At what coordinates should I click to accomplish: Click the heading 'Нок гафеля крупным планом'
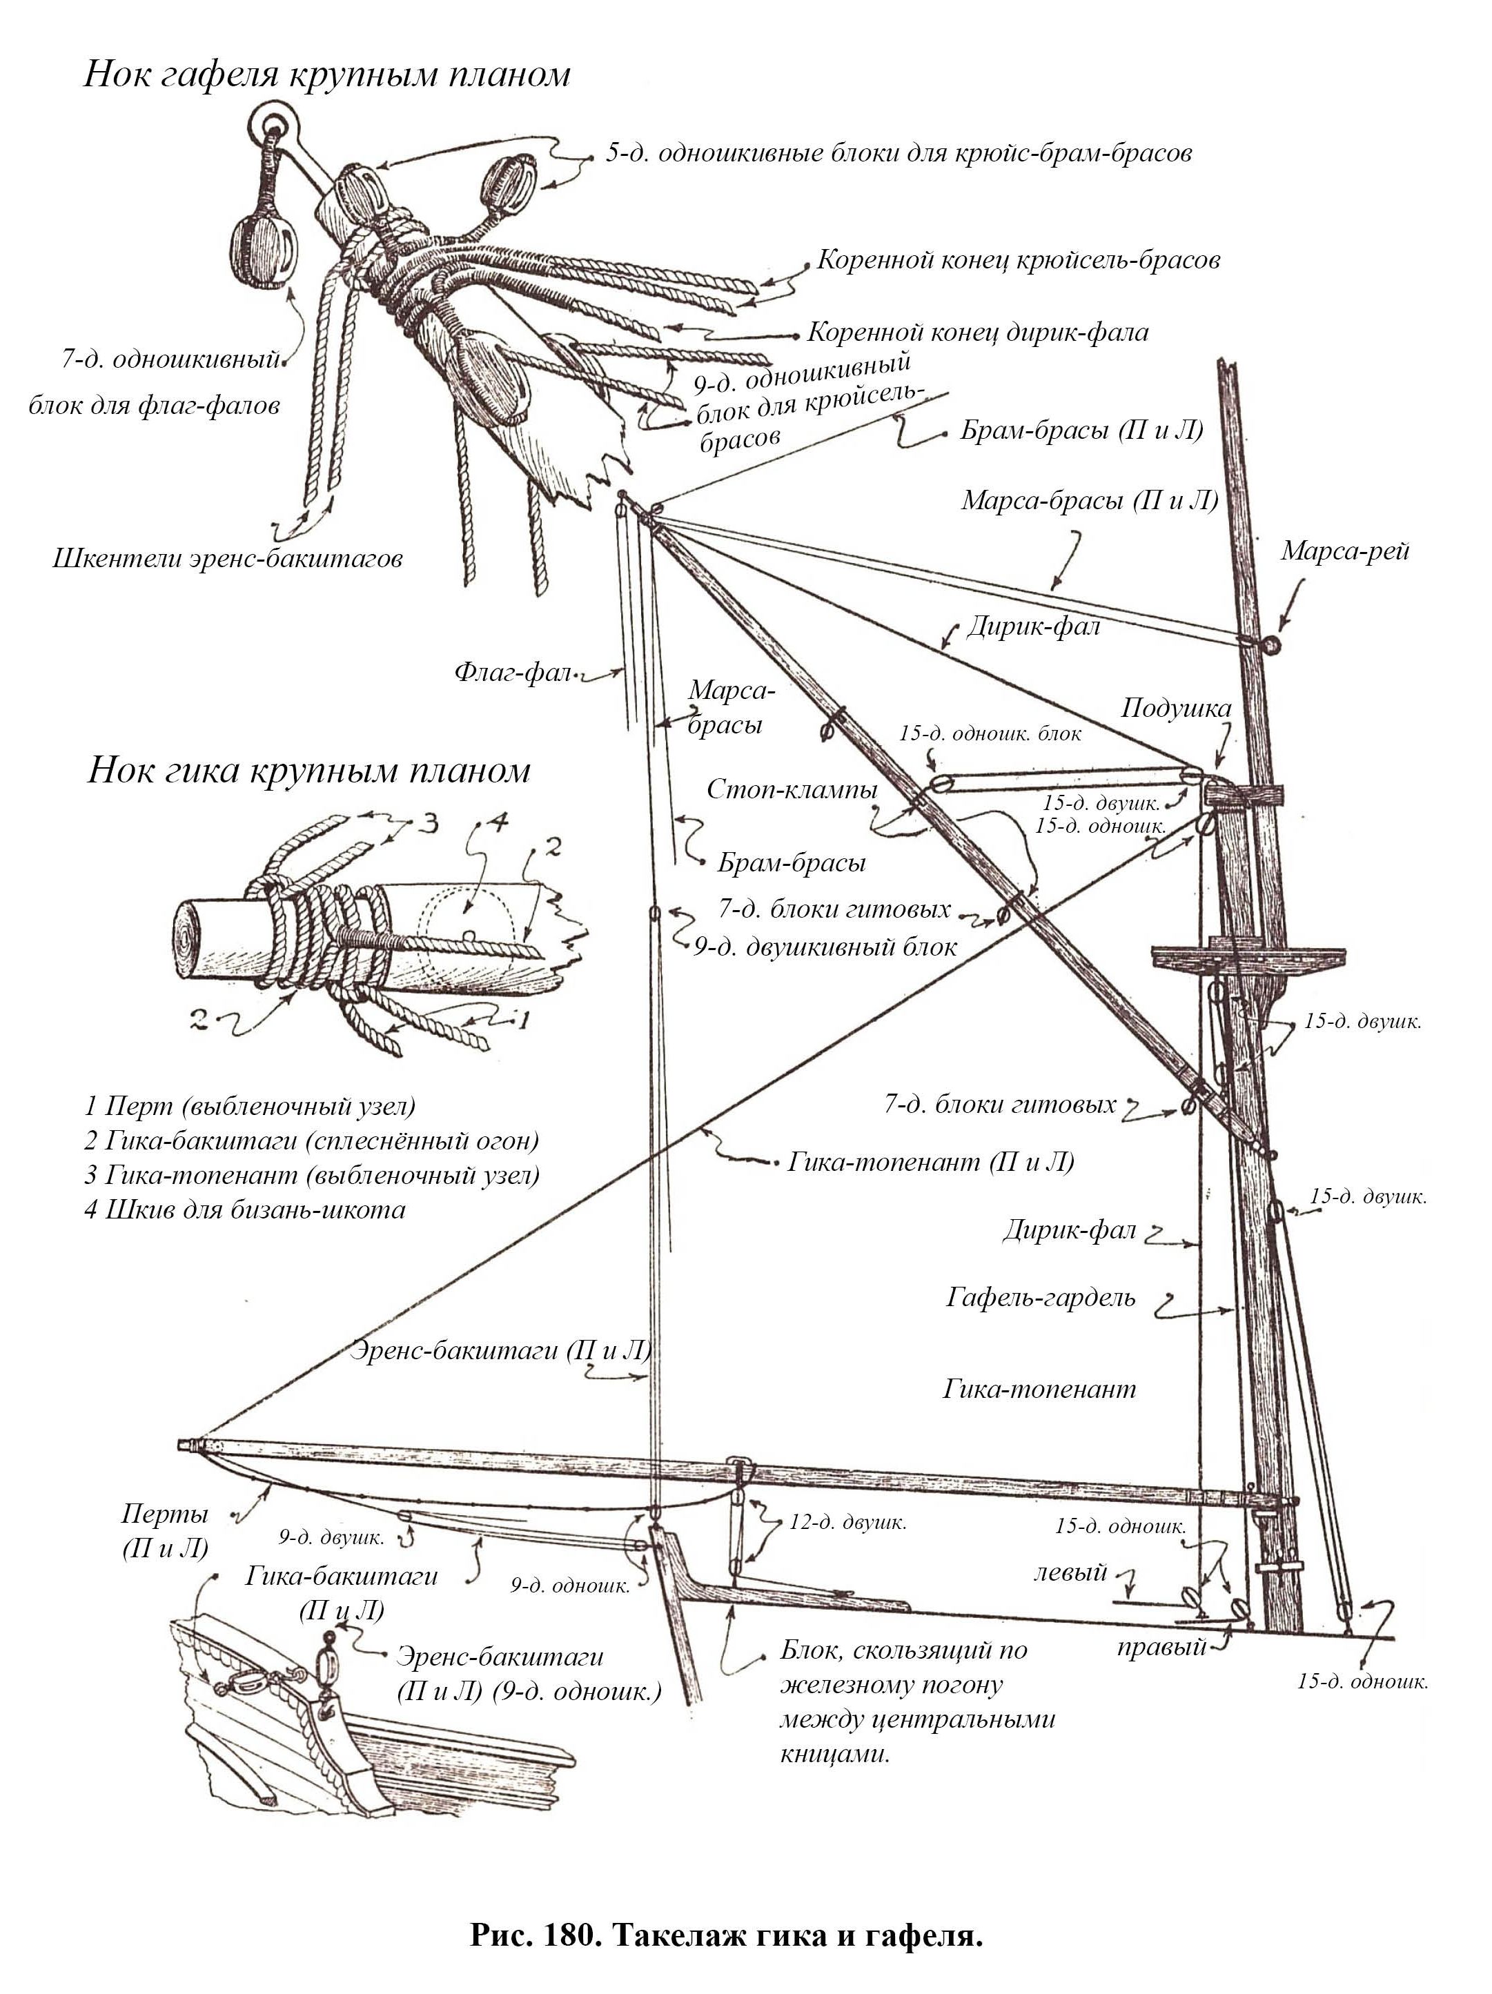click(326, 74)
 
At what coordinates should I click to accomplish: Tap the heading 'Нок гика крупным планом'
click(308, 771)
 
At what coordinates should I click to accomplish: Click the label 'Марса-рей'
click(1344, 551)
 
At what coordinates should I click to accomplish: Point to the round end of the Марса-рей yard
click(1272, 644)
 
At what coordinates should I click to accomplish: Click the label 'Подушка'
click(1175, 709)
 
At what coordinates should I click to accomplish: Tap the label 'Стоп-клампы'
click(792, 790)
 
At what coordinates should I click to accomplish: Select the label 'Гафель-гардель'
click(1041, 1298)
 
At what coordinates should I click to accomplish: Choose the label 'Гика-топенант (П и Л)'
click(930, 1162)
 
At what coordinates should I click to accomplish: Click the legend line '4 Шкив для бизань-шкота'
click(245, 1210)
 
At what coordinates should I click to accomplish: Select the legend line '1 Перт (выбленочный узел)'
click(250, 1106)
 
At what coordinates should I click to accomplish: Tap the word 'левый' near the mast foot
click(1070, 1573)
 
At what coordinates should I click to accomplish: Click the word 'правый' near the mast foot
click(1161, 1648)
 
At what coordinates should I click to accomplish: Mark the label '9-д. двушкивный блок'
click(825, 947)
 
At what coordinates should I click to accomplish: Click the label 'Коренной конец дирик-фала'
click(977, 333)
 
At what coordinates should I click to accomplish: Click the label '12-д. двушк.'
click(847, 1523)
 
